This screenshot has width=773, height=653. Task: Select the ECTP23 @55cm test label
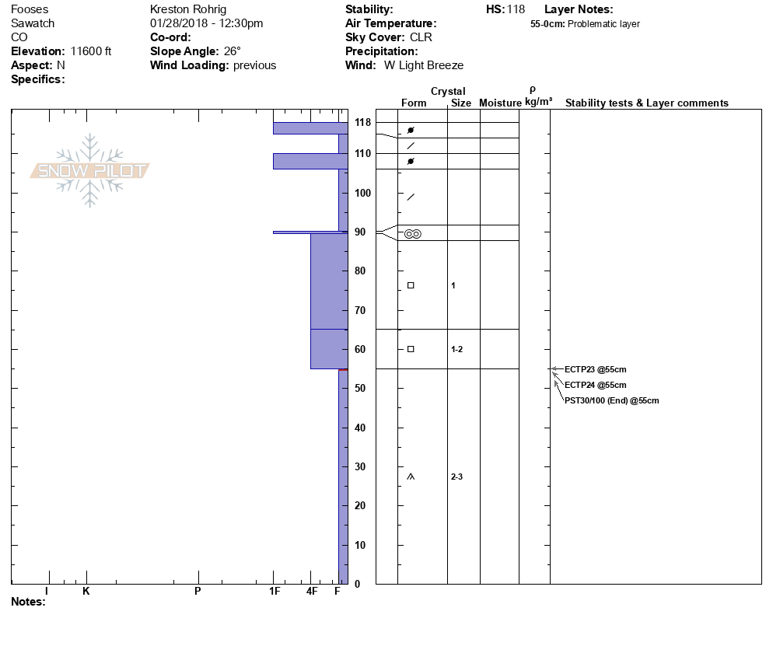[595, 369]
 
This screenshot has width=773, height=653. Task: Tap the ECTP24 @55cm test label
[595, 385]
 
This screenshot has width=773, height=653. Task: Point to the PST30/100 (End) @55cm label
[611, 400]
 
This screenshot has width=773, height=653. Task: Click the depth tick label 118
[362, 123]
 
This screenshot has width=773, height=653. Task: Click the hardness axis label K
[86, 592]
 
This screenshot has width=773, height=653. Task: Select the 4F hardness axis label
[312, 592]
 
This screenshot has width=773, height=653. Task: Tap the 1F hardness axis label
[275, 592]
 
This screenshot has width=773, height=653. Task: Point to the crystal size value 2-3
[456, 477]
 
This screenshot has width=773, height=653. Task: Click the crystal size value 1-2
[456, 350]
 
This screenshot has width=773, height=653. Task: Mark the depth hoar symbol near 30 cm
[411, 477]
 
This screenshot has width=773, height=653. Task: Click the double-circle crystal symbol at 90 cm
[412, 233]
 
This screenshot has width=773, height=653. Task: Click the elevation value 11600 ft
[91, 51]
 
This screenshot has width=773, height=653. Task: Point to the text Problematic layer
[603, 24]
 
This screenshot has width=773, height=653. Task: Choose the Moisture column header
[500, 103]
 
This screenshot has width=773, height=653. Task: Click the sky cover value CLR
[421, 37]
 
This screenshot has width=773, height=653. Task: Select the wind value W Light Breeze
[424, 65]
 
